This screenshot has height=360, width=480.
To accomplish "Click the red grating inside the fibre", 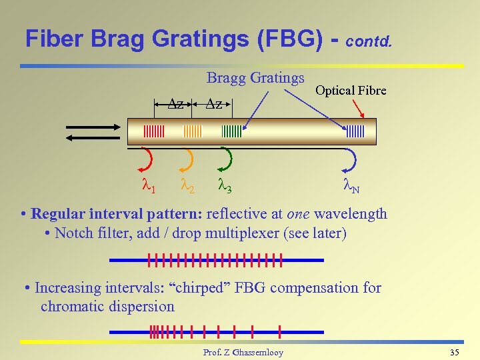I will (153, 131).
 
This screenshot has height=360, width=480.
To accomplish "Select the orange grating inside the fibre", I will (193, 131).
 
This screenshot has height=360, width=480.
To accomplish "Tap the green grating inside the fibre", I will (231, 131).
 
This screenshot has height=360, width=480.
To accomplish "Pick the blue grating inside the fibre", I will (354, 131).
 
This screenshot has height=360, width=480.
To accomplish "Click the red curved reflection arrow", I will (148, 159).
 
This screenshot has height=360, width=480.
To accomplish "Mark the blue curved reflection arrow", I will (352, 159).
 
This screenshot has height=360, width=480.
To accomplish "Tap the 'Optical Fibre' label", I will (350, 90).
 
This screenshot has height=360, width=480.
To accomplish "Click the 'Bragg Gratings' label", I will (255, 78).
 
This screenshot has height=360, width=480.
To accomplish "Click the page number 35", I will (455, 352).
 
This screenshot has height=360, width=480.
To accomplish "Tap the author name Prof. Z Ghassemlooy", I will (243, 352).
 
